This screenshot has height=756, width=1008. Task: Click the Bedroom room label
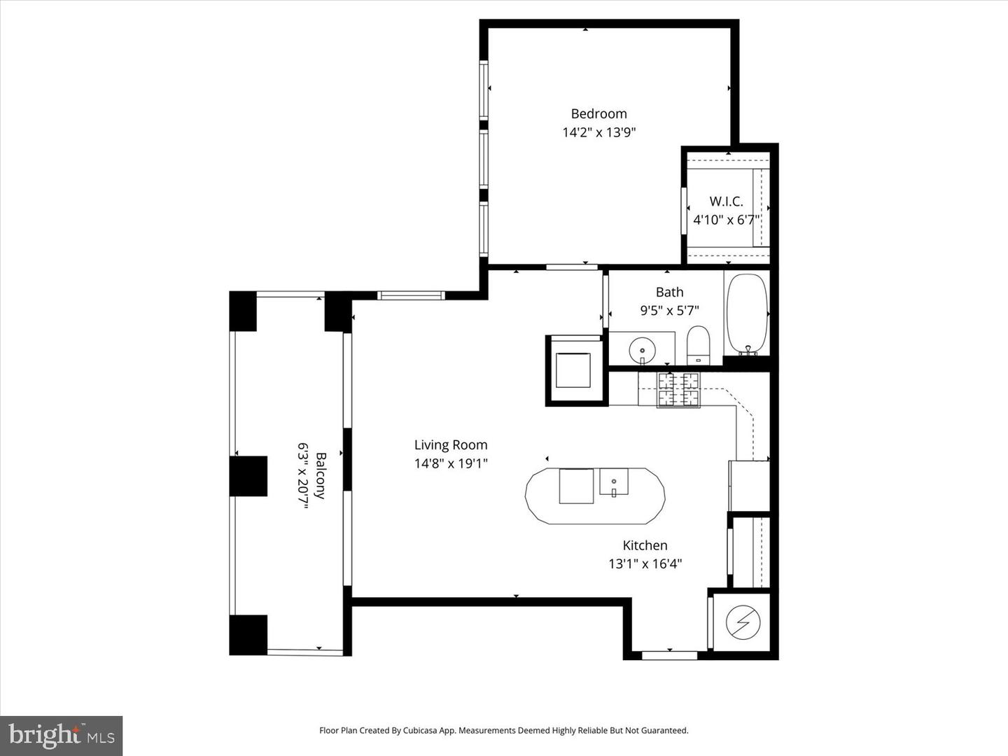(x=598, y=113)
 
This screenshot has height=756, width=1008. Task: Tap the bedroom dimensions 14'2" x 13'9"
(x=598, y=132)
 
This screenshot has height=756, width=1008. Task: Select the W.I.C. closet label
(x=726, y=202)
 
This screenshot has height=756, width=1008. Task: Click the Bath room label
(x=669, y=292)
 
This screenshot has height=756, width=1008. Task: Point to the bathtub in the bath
(x=746, y=313)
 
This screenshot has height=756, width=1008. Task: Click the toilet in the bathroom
(x=698, y=344)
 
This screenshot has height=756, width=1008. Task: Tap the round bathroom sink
(x=642, y=349)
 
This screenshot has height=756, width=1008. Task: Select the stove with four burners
(x=678, y=390)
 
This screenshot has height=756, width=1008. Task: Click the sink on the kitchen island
(x=614, y=482)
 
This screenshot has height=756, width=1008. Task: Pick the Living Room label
(x=450, y=444)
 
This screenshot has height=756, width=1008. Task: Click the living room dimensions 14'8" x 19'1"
(x=450, y=463)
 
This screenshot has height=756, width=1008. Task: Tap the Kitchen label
(x=645, y=545)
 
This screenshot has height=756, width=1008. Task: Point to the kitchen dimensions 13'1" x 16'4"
(x=645, y=563)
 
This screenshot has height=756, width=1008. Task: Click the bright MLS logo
(x=62, y=736)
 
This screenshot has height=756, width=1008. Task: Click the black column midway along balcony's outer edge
(x=248, y=476)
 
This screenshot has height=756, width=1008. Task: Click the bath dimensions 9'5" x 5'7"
(x=669, y=310)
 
